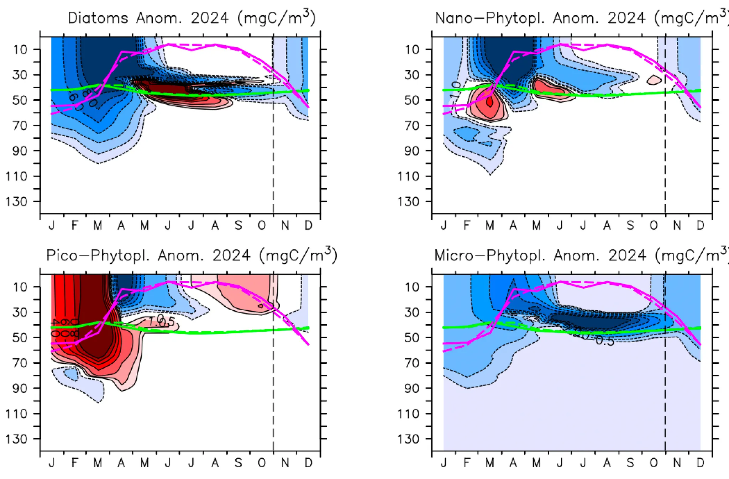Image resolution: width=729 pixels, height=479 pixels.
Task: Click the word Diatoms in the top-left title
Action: (x=98, y=18)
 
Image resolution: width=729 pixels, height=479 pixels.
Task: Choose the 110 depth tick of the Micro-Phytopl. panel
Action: (x=408, y=414)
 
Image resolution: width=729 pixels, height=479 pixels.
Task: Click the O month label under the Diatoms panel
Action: (x=262, y=225)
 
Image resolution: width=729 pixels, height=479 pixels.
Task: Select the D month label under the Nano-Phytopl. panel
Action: (x=700, y=225)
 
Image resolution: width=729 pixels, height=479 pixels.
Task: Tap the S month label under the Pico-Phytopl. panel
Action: (x=238, y=463)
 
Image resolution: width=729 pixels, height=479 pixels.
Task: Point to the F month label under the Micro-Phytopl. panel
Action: (x=467, y=463)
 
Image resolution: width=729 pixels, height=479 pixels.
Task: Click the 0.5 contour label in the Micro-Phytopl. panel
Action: (x=605, y=341)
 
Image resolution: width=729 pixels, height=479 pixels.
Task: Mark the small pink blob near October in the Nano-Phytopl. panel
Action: (x=654, y=80)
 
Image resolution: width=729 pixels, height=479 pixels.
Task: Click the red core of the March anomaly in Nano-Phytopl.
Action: (x=490, y=102)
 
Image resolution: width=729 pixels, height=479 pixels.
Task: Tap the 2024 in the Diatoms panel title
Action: (x=210, y=18)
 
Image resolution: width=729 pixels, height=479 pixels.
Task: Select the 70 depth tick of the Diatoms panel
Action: (x=20, y=126)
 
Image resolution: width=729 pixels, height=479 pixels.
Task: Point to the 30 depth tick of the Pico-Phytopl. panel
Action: (x=20, y=312)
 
